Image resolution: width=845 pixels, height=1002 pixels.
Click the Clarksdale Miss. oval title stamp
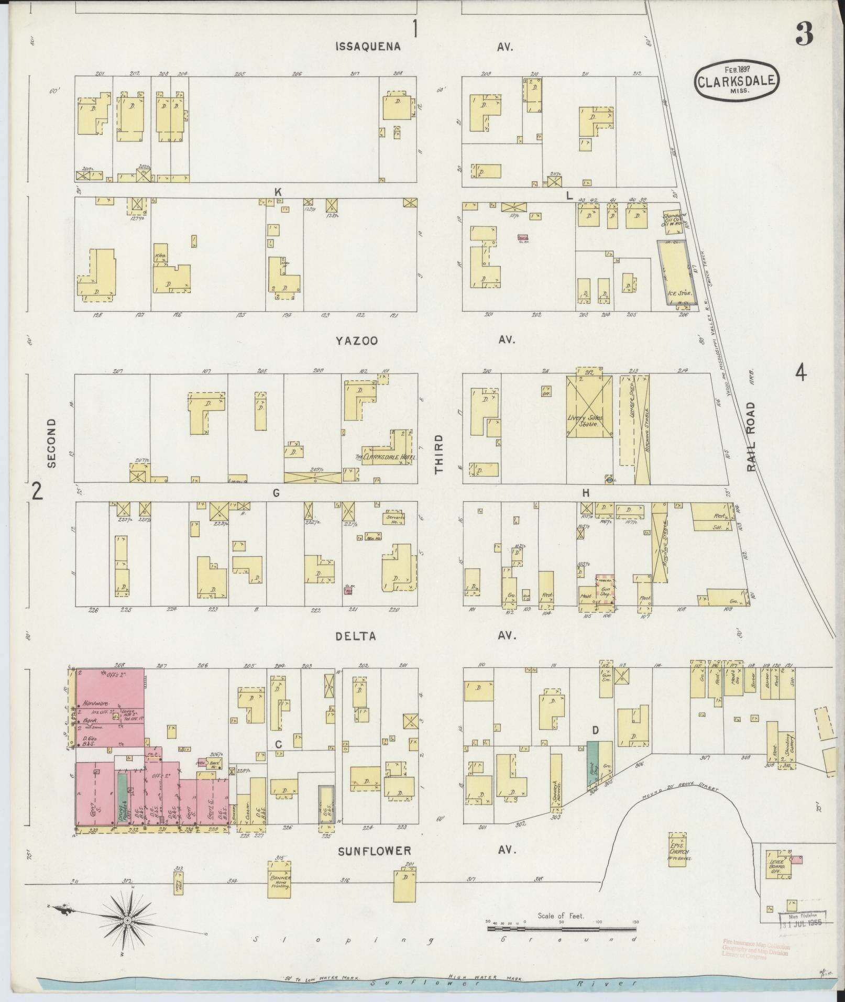click(x=736, y=80)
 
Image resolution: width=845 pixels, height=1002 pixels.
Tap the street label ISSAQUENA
click(x=368, y=47)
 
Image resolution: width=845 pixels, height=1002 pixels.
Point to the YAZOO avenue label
click(x=357, y=341)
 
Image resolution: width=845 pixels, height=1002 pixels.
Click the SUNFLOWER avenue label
click(x=374, y=851)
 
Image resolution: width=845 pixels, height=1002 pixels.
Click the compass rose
click(x=127, y=920)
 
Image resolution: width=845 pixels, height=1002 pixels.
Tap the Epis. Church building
click(x=678, y=853)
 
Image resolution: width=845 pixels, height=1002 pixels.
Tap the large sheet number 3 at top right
click(x=803, y=36)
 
